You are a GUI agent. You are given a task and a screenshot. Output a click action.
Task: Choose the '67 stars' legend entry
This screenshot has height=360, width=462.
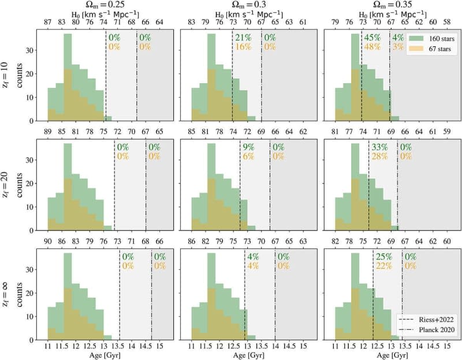click(x=428, y=47)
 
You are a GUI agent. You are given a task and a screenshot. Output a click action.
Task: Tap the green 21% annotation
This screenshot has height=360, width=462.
click(x=243, y=38)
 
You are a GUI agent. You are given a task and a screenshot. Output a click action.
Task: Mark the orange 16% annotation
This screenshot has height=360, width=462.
click(x=243, y=47)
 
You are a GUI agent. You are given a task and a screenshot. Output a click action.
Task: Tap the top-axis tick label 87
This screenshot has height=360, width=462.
click(x=47, y=22)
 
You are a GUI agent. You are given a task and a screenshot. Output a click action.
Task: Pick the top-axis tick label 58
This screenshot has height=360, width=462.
click(x=448, y=22)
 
